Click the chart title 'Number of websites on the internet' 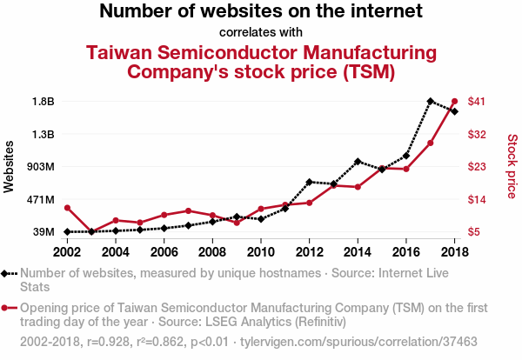[260, 12]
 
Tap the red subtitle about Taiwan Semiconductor [261, 61]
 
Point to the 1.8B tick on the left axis [43, 101]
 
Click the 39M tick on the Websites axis [43, 232]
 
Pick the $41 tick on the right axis [477, 101]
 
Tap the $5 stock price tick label [474, 232]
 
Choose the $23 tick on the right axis [477, 166]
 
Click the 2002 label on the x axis [67, 251]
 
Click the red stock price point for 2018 [454, 102]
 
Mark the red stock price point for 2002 [67, 208]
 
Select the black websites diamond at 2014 [358, 162]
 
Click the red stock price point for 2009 [237, 223]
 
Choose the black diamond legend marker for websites [9, 273]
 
